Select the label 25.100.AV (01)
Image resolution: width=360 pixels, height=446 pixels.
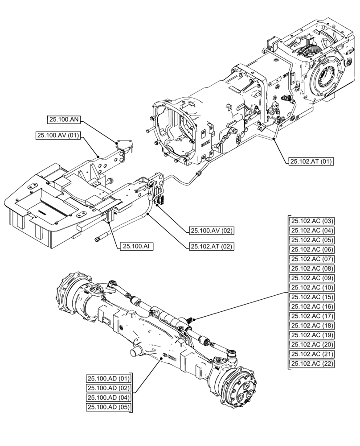[58, 136]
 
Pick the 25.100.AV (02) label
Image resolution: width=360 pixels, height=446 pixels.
[212, 231]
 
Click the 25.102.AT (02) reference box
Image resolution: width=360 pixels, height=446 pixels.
[212, 246]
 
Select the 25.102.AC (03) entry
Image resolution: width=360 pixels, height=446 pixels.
[312, 221]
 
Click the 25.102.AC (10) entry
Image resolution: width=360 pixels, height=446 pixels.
[312, 288]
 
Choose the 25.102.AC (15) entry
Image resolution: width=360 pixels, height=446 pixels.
[312, 297]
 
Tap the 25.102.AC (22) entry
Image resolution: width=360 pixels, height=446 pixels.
[312, 364]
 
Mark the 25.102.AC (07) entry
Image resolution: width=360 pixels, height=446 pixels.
[312, 259]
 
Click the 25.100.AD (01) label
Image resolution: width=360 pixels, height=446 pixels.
[108, 379]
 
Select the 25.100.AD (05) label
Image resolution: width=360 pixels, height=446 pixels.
[108, 407]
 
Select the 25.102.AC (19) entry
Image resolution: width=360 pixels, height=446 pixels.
[312, 335]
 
